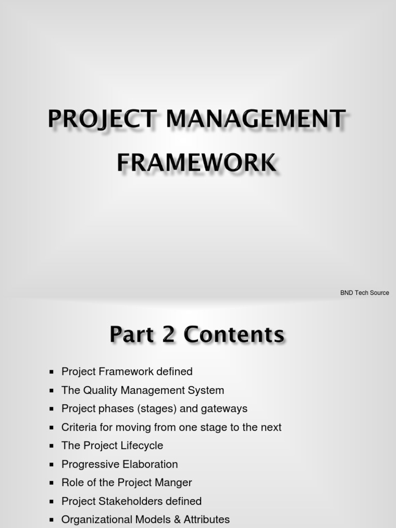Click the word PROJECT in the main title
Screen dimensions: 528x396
coord(100,120)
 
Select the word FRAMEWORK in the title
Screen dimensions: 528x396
coord(196,163)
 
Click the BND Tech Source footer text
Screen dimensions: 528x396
coord(365,293)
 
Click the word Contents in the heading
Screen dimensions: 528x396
coord(234,335)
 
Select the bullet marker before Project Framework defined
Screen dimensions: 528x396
coord(51,372)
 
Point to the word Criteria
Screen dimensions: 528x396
coord(79,427)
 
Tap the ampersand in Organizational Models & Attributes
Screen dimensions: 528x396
coord(175,520)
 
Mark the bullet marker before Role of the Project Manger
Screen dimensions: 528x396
coord(51,483)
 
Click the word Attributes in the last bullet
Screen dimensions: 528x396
coord(206,520)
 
